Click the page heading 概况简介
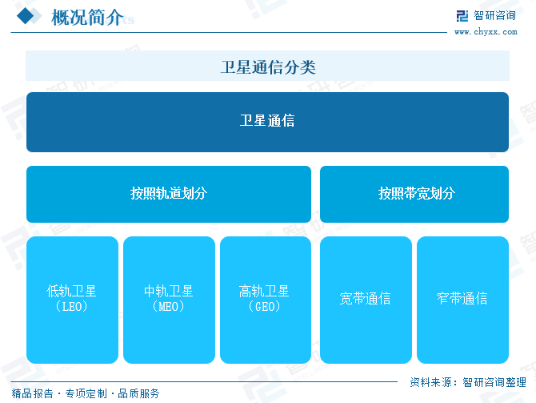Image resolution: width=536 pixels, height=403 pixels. click(x=87, y=17)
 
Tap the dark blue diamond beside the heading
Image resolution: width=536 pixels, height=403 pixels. click(x=26, y=16)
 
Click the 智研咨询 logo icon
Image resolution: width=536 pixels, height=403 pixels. click(x=462, y=16)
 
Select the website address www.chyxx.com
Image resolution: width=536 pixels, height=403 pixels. click(x=486, y=32)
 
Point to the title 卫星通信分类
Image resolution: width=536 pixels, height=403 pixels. click(x=268, y=66)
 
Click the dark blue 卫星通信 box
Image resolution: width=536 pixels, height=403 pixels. click(x=267, y=122)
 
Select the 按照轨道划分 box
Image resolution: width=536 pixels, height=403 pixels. click(x=169, y=194)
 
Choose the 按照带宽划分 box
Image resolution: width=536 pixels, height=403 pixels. click(x=414, y=194)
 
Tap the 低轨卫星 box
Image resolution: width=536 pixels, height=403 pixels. click(x=72, y=300)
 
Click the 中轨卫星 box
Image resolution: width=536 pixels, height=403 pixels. click(x=169, y=300)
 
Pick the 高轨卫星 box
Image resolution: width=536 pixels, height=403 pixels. click(x=266, y=300)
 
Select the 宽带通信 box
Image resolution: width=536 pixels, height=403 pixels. click(x=366, y=300)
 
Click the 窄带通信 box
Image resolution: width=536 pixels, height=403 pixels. click(x=462, y=300)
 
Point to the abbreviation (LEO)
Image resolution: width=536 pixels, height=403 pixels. click(x=71, y=306)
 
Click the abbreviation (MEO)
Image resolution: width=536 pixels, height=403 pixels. click(x=169, y=306)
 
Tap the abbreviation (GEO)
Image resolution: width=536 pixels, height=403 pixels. click(x=265, y=306)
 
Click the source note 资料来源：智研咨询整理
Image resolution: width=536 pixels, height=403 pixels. click(x=468, y=382)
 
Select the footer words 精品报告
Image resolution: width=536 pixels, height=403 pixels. click(x=33, y=393)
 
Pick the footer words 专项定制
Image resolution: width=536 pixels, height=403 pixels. click(x=86, y=393)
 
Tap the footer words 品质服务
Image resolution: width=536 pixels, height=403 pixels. click(x=138, y=393)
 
